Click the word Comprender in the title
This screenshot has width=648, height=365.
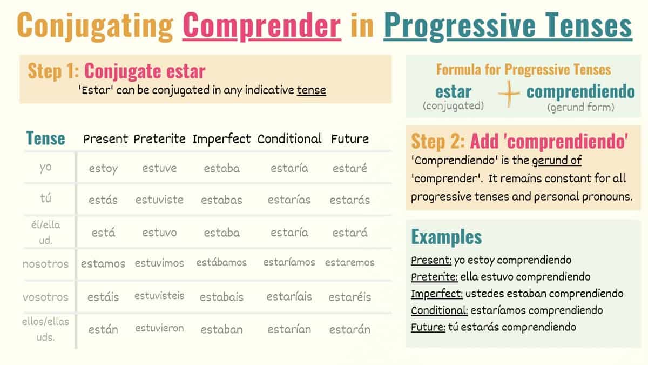click(262, 25)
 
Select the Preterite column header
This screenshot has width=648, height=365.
click(159, 139)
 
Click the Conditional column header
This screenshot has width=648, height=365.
click(289, 139)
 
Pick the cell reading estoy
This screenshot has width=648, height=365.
click(103, 169)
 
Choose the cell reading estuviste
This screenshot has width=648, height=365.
click(159, 200)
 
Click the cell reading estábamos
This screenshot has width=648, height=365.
click(221, 262)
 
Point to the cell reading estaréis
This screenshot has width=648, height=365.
click(350, 297)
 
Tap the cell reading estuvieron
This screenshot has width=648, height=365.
click(159, 328)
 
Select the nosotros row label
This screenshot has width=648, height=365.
click(45, 264)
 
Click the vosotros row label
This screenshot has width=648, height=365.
click(45, 297)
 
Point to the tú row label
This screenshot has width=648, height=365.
click(45, 198)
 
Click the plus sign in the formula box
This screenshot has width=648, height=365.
click(509, 94)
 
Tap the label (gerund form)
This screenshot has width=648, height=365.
click(580, 108)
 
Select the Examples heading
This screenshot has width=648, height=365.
click(447, 237)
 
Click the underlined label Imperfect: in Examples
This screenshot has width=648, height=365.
click(437, 294)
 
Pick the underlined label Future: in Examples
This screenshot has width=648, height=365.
click(428, 327)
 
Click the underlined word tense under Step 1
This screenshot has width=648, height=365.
click(311, 90)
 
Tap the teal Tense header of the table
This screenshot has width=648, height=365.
click(45, 138)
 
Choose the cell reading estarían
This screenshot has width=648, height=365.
click(289, 329)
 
